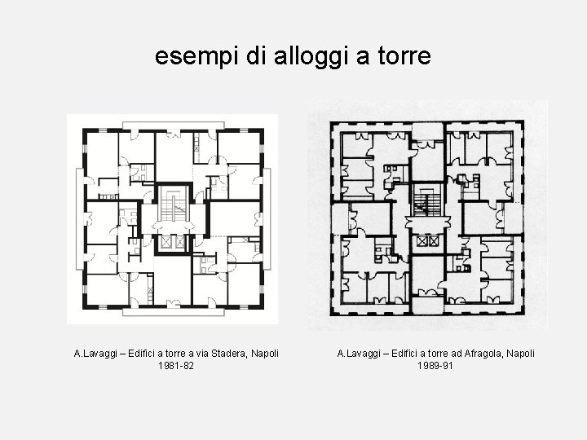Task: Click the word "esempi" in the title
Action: click(196, 56)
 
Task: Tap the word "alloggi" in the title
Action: click(308, 56)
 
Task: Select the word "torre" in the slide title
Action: click(404, 55)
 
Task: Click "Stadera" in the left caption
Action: click(229, 354)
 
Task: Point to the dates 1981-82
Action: click(176, 366)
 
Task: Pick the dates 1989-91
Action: click(435, 366)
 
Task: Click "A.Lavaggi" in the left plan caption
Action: click(95, 354)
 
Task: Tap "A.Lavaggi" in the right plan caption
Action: click(359, 354)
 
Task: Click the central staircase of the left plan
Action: click(174, 205)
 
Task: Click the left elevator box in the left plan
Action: click(166, 242)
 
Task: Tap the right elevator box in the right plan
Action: click(434, 241)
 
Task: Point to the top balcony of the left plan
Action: click(174, 125)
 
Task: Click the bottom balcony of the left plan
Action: click(174, 312)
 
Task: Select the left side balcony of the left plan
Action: click(80, 219)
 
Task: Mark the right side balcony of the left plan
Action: click(267, 219)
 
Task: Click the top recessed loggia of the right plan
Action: click(427, 131)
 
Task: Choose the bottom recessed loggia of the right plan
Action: click(427, 305)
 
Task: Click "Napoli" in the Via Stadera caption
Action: click(265, 354)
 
